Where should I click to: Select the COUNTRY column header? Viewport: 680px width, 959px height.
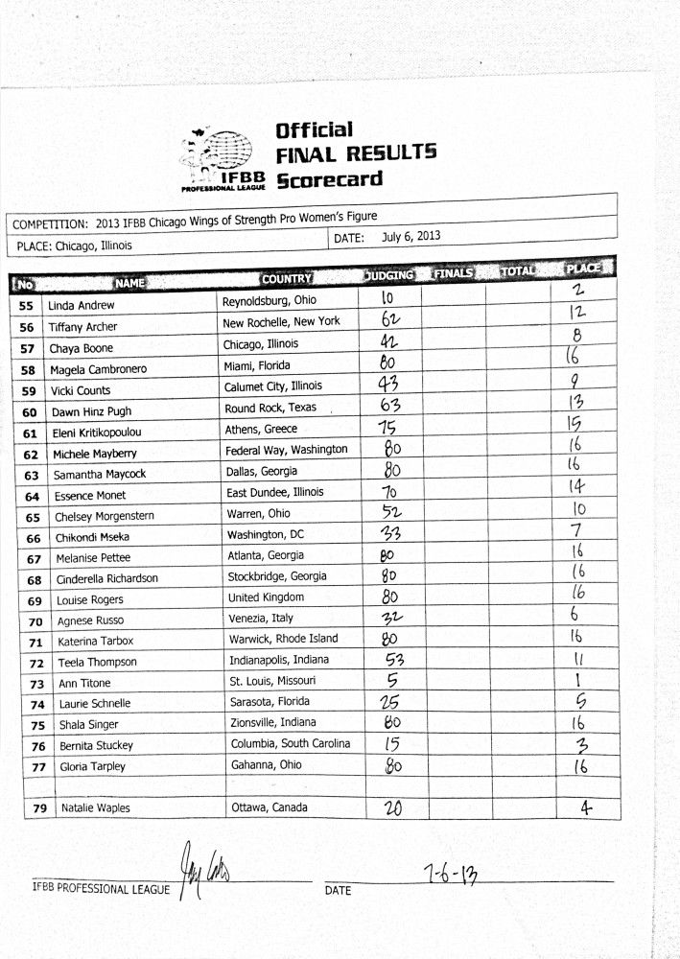click(287, 278)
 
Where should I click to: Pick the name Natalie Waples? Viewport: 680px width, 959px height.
click(96, 808)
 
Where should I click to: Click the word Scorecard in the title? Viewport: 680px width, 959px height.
click(329, 178)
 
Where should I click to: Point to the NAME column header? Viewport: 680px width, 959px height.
click(129, 282)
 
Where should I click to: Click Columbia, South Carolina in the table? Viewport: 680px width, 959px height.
click(291, 744)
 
